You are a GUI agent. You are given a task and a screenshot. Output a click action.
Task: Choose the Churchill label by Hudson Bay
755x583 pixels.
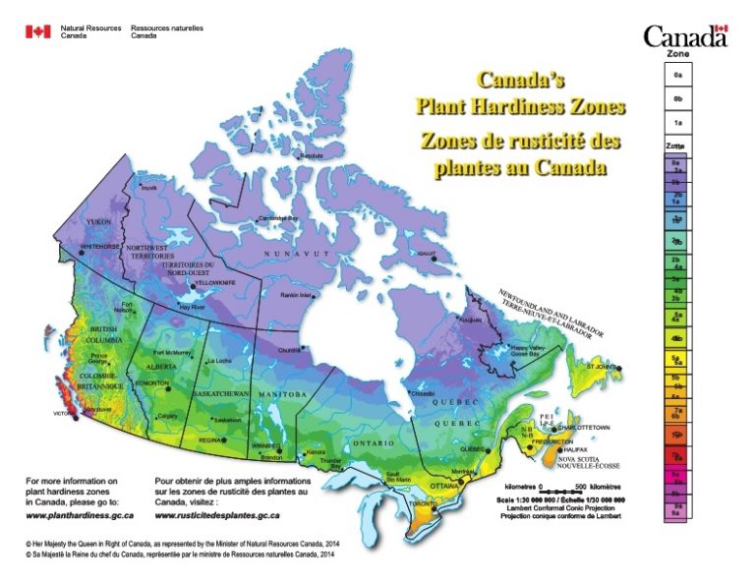[x=290, y=350]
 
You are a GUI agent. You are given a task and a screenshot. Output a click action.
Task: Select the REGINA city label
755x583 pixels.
[x=211, y=440]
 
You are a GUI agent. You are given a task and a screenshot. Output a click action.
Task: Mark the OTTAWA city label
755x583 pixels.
[x=443, y=486]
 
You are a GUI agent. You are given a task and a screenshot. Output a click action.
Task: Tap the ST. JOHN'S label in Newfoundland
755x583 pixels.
[x=604, y=366]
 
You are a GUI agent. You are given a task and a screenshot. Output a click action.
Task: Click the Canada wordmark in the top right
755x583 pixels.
[x=685, y=36]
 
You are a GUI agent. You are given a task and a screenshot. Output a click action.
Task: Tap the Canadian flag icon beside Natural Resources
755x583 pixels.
[x=37, y=31]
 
